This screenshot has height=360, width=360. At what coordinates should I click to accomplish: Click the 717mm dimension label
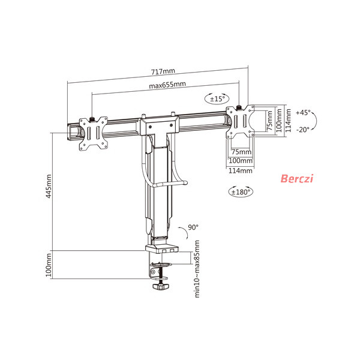point(163,71)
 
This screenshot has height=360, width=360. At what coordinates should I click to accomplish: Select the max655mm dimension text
point(167,85)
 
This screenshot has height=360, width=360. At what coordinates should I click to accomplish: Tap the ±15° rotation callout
point(217,99)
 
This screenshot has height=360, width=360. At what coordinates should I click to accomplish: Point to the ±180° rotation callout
point(241,191)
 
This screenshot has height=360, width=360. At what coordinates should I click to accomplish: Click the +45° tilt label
point(303,113)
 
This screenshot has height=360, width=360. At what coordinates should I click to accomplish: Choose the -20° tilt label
point(303,130)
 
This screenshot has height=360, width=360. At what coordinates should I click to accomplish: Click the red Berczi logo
point(297,178)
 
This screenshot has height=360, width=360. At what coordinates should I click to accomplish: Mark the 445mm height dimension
point(49,186)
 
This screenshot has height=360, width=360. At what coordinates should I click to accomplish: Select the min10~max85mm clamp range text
point(197,269)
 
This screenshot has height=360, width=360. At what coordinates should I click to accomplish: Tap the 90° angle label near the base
point(193,227)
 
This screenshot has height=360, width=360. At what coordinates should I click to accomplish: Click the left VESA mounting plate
point(93,134)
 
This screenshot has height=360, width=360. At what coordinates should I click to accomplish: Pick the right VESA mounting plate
point(240,122)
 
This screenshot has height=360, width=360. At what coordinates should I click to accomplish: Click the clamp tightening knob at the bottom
point(160,287)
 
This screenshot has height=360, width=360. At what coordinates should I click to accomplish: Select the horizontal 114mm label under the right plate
point(241,170)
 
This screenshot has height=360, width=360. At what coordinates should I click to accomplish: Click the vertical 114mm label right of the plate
point(288,121)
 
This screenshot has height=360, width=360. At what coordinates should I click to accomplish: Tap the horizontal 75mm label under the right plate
point(241,152)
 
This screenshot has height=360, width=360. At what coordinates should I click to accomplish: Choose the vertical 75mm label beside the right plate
point(270,121)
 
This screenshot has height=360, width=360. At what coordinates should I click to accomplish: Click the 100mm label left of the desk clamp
point(49,265)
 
